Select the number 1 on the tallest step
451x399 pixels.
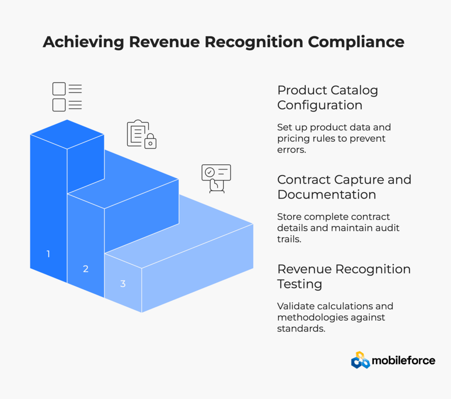(x=48, y=254)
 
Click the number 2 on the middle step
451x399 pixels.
(x=85, y=269)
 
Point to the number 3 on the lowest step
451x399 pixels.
(x=123, y=284)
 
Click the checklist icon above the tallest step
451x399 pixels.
(x=67, y=97)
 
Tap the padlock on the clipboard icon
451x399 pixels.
(x=151, y=142)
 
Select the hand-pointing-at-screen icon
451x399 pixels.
(x=216, y=178)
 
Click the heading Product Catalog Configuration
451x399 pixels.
(x=328, y=98)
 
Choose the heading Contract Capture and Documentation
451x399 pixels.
(x=344, y=187)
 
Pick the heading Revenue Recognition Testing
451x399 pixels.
(x=344, y=276)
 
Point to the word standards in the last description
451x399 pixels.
(x=301, y=328)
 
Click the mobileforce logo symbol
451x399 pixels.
(x=360, y=360)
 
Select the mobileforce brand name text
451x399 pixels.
(x=403, y=361)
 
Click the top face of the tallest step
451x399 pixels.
(x=67, y=134)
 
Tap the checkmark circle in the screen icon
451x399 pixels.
(x=210, y=171)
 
